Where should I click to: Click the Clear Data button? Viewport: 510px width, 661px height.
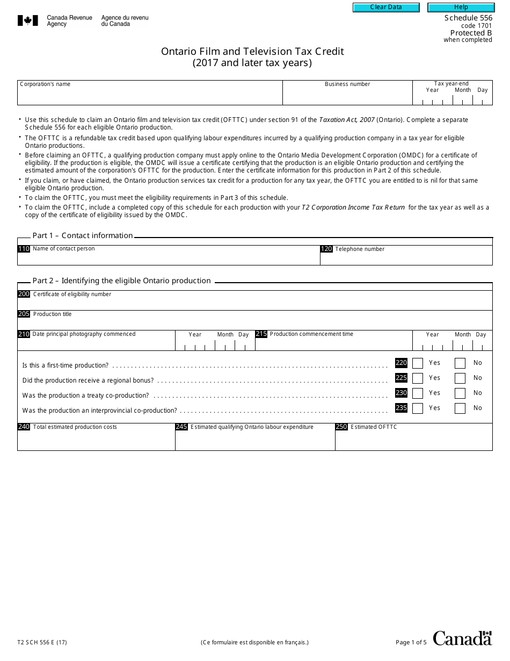click(x=386, y=7)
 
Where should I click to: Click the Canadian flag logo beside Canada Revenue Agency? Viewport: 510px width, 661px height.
click(x=28, y=21)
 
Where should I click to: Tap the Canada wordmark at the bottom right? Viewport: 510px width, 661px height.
click(x=462, y=638)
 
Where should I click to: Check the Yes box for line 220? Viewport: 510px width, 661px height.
click(x=417, y=363)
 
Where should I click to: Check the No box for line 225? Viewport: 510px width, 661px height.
click(x=460, y=378)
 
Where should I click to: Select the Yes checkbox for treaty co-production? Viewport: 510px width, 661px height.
click(x=417, y=393)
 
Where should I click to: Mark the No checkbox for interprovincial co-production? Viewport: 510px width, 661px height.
click(x=460, y=408)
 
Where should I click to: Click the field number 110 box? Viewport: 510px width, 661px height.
click(x=24, y=249)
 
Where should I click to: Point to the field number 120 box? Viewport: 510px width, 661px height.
click(x=326, y=249)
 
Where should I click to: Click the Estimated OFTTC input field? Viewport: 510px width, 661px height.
click(x=413, y=440)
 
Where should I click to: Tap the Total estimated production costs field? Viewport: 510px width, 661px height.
click(x=96, y=440)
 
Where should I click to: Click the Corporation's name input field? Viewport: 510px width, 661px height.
click(x=150, y=96)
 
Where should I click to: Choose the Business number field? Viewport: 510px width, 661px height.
click(x=347, y=96)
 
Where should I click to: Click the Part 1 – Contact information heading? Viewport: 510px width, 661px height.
click(x=83, y=235)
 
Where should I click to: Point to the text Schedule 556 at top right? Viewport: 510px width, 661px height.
click(x=468, y=18)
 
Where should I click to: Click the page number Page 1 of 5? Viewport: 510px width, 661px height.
click(x=411, y=642)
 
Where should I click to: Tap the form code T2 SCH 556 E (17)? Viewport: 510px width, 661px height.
click(x=42, y=642)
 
